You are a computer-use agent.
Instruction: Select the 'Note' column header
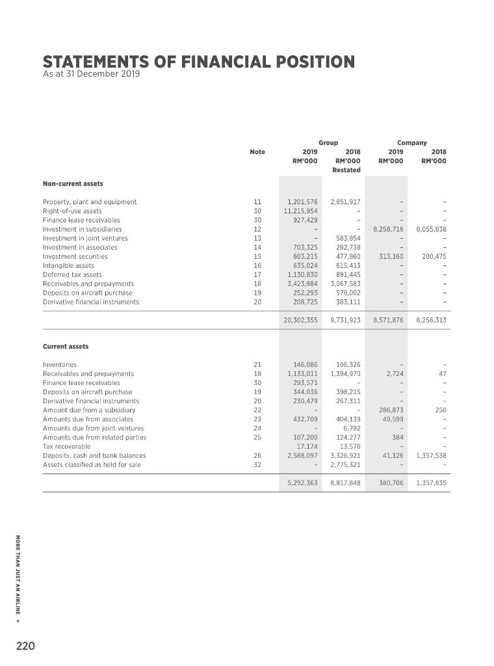pyautogui.click(x=257, y=152)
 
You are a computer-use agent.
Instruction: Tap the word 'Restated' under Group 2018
pyautogui.click(x=346, y=170)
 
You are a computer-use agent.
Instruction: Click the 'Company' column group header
pyautogui.click(x=412, y=142)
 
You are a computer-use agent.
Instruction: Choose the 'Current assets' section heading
pyautogui.click(x=66, y=346)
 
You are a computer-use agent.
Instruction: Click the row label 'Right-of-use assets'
pyautogui.click(x=72, y=211)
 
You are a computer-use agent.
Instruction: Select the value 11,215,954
pyautogui.click(x=301, y=211)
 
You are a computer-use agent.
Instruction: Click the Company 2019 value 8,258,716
pyautogui.click(x=389, y=229)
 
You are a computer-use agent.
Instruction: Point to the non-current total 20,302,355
pyautogui.click(x=301, y=320)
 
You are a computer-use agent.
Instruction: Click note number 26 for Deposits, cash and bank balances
pyautogui.click(x=257, y=455)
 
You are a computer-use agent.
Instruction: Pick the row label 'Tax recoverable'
pyautogui.click(x=66, y=446)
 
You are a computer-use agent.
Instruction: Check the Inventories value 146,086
pyautogui.click(x=304, y=365)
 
